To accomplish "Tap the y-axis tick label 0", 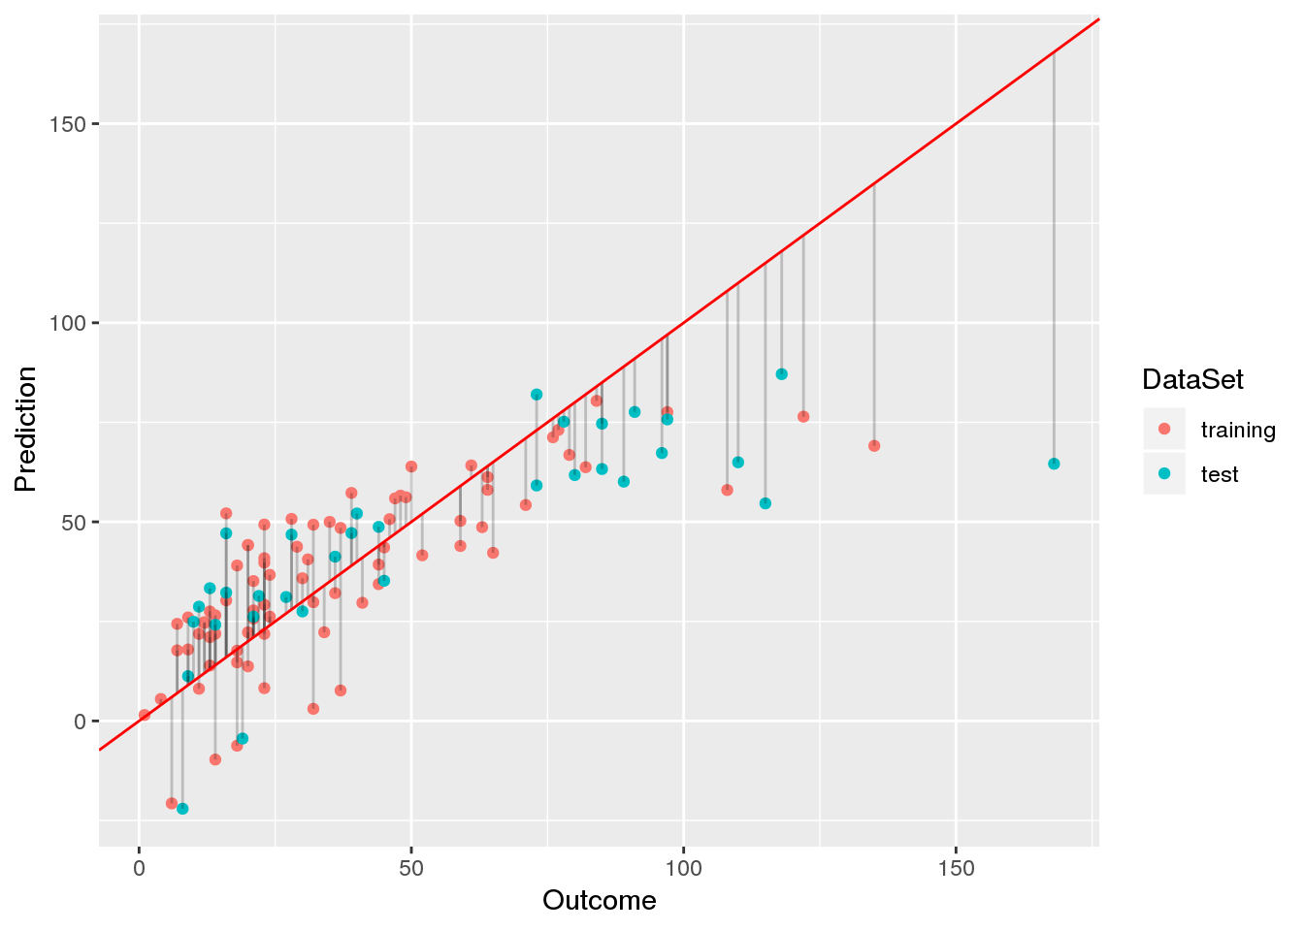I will [x=81, y=722].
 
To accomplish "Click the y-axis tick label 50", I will [x=75, y=523].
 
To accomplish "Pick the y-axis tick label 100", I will [x=69, y=323].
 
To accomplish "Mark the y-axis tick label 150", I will [x=69, y=124].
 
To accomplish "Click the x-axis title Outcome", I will [x=599, y=901].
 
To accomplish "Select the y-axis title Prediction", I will [x=26, y=429].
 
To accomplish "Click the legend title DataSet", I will [x=1192, y=379].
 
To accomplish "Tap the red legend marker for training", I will [x=1164, y=429].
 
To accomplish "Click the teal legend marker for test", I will [x=1164, y=474].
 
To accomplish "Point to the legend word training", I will [x=1238, y=430].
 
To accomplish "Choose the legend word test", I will [x=1220, y=474].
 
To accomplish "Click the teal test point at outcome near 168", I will [x=1054, y=464].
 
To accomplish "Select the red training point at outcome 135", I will [x=874, y=446].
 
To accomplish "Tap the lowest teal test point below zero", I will [x=182, y=809].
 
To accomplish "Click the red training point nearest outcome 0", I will [x=145, y=715].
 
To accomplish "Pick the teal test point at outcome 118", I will [x=781, y=374].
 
